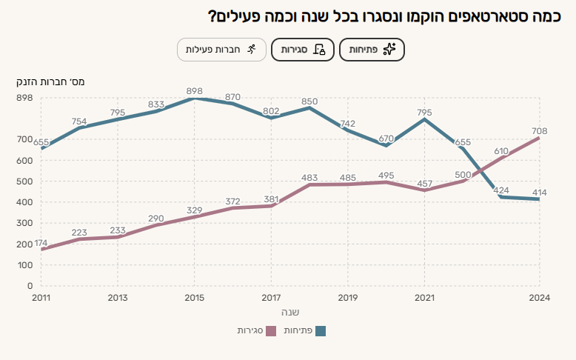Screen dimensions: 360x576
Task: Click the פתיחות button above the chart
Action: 372,50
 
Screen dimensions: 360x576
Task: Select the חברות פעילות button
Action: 221,50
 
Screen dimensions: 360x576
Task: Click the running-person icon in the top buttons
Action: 252,50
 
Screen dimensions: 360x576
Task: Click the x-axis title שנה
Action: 290,312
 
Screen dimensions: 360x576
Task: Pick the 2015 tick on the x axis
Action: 194,297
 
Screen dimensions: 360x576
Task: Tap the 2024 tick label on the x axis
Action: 539,297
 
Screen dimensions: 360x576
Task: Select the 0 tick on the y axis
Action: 30,286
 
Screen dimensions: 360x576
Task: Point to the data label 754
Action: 79,121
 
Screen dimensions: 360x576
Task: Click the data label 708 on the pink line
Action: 539,131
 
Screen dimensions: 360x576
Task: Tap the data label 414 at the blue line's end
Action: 539,191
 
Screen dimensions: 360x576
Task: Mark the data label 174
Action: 41,243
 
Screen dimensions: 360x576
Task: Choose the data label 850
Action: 309,101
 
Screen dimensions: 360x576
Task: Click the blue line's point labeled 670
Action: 386,145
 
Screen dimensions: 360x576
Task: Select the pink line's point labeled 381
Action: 271,206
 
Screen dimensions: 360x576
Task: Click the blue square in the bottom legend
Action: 321,330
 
